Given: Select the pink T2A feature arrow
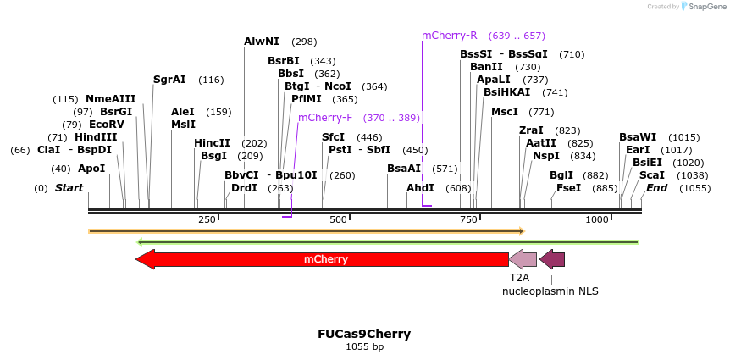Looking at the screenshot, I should (x=523, y=259).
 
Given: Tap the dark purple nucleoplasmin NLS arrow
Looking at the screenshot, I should (x=552, y=259).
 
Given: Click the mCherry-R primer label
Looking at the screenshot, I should (x=450, y=36).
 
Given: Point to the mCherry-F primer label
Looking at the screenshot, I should (x=325, y=117).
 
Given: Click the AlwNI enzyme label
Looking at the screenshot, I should (x=261, y=41).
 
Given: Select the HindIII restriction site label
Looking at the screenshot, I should (x=95, y=137).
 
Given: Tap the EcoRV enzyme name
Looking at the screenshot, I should (x=107, y=125).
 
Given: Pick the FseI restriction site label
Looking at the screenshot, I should (x=568, y=188).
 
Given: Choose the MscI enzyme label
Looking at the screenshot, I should (x=505, y=112).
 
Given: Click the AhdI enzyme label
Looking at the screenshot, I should (x=420, y=188).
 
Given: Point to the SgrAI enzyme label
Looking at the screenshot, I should (x=169, y=80).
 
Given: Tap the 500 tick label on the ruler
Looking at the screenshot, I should (x=339, y=220).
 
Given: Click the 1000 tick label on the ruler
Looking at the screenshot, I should (x=597, y=220).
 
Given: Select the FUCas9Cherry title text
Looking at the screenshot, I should (x=364, y=334).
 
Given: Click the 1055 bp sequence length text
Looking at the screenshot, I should (x=364, y=346).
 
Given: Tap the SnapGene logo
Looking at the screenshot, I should (x=705, y=6).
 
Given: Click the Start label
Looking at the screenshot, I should (x=69, y=188).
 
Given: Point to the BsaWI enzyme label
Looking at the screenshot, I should (x=637, y=137).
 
